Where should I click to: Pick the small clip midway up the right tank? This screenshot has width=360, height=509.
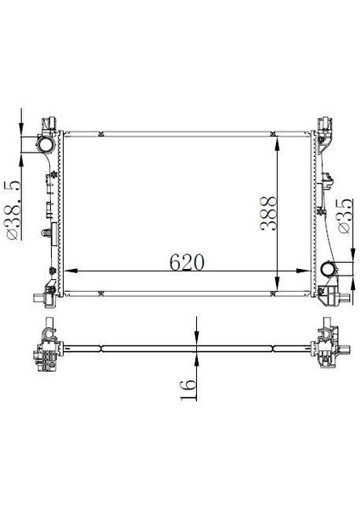(x=329, y=179)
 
